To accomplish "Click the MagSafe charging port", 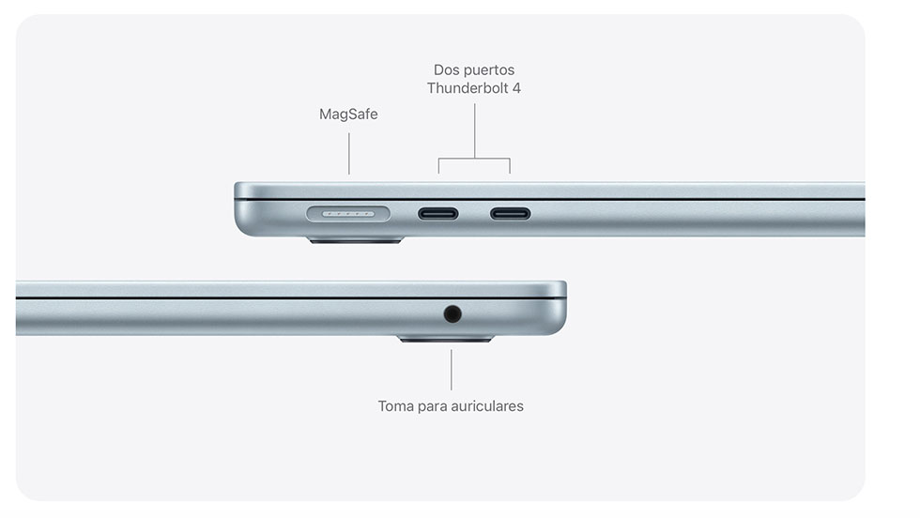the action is point(348,214).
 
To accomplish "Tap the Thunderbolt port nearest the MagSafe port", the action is point(437,214).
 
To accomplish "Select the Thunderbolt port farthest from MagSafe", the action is point(511,214).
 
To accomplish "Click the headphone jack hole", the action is point(452,314).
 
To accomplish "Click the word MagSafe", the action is point(348,114).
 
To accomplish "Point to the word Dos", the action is point(447,69).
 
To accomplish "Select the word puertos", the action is point(489,70).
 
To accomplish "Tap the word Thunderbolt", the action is point(466,88).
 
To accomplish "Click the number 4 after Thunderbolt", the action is point(516,88).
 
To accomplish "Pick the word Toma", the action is point(396,406).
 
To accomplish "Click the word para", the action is point(431,407).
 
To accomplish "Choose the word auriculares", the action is point(486,406).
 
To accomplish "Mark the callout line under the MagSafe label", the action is point(349,154).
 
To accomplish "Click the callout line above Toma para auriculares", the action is point(452,370).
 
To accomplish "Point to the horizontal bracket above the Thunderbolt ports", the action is point(474,159).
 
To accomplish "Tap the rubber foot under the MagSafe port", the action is point(356,240).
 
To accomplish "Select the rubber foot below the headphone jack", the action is point(446,339).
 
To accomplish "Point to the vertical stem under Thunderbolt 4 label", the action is point(475,130).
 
